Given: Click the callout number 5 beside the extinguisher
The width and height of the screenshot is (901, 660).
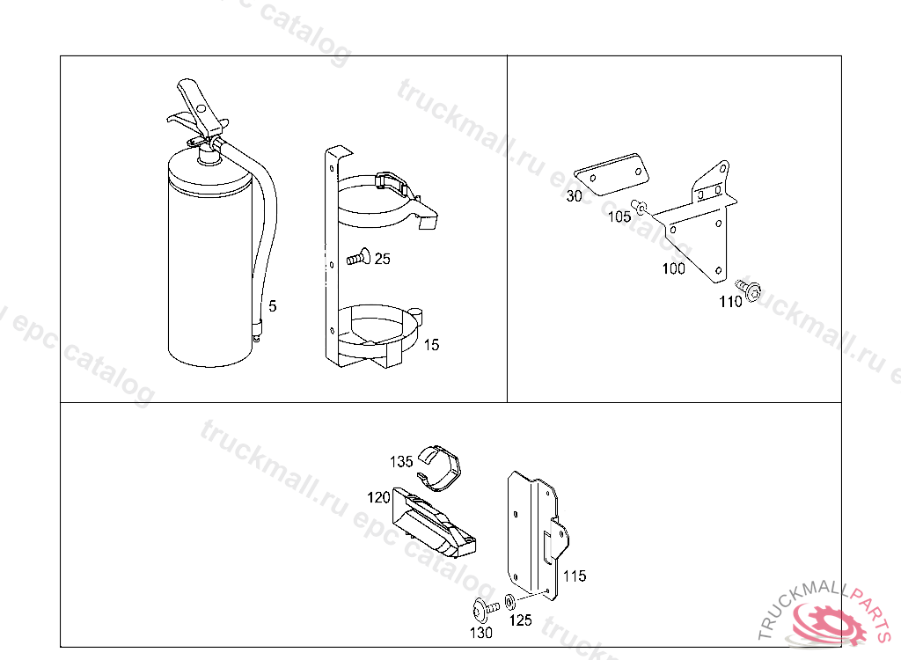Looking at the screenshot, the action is (x=273, y=306).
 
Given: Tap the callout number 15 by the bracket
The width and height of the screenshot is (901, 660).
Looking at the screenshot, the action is (x=431, y=345).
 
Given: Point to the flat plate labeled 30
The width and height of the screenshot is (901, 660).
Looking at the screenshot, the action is (x=612, y=174).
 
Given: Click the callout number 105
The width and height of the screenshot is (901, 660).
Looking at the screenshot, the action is (x=619, y=216).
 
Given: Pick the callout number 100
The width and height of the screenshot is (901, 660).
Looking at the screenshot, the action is (x=673, y=268).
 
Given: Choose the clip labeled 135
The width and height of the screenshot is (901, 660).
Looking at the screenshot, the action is (x=440, y=466).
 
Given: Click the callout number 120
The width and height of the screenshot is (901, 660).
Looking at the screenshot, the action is (x=378, y=497).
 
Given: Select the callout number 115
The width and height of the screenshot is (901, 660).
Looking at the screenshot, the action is (x=575, y=576).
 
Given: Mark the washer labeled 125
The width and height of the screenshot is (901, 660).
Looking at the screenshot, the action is (x=509, y=601).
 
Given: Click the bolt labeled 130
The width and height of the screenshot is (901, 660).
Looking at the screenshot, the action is (x=485, y=608).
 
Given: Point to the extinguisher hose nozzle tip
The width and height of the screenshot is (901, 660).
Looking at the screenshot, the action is (x=257, y=334).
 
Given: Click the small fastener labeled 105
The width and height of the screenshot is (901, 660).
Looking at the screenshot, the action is (x=640, y=206).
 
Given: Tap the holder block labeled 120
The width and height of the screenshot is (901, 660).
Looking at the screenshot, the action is (x=432, y=522).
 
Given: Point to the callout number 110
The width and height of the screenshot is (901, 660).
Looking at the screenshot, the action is (x=731, y=302).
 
